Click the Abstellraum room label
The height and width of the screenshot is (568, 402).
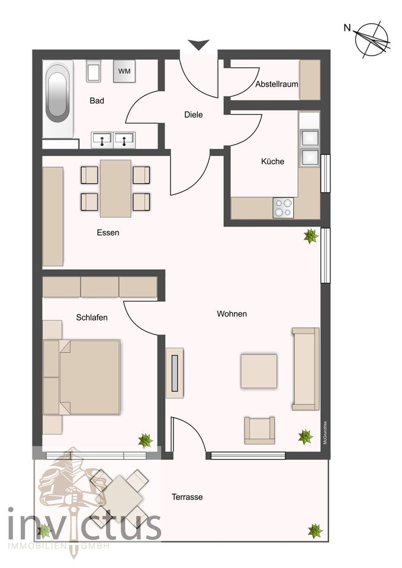coord(276,85)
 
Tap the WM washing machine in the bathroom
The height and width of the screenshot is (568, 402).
coord(124,72)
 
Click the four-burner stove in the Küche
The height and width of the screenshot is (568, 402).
coord(282,208)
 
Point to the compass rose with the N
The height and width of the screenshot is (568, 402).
coord(371,40)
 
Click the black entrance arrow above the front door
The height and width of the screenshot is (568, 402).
coord(199,44)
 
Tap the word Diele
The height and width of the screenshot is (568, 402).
coord(193,115)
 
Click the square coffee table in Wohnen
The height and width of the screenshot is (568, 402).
coord(259,371)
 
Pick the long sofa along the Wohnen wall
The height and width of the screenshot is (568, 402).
coord(305,368)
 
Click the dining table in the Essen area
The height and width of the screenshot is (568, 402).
coord(115,188)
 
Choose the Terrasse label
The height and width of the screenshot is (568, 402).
coord(187,497)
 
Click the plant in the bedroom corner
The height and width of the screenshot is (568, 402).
coord(145,440)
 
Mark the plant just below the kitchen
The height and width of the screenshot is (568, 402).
coord(310,237)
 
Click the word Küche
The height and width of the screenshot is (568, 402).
coord(272,162)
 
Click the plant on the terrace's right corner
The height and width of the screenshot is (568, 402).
coord(314,530)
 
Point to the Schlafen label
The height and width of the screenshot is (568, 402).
coord(92,317)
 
